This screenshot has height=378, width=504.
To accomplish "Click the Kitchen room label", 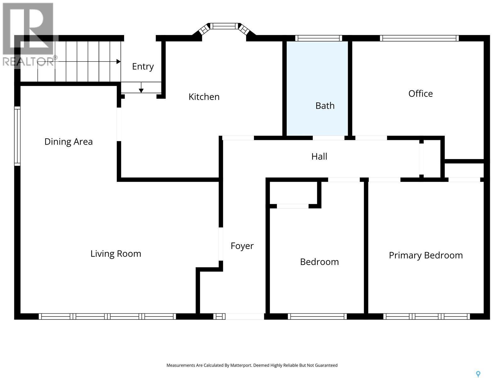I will [x=204, y=97].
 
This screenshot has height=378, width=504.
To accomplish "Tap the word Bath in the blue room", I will [x=325, y=106].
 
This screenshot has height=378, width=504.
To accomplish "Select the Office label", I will [x=420, y=94].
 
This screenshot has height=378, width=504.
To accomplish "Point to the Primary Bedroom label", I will [x=426, y=255].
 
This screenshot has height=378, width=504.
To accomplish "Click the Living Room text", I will [x=116, y=254].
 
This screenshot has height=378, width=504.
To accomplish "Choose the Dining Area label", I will [x=68, y=142].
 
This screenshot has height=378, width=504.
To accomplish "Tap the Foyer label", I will [x=242, y=246].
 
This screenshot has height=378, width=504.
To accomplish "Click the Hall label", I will [x=319, y=157].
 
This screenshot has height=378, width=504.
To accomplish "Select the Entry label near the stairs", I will [x=143, y=66].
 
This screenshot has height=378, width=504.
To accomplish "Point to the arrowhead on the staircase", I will [x=118, y=61].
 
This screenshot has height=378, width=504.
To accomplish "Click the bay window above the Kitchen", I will [x=224, y=26].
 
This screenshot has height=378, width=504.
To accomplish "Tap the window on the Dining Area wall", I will [x=17, y=136].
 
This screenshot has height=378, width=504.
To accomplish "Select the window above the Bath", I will [x=318, y=38].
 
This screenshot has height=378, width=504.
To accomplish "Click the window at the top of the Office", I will [x=419, y=38].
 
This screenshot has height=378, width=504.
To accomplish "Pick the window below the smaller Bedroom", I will [x=317, y=316].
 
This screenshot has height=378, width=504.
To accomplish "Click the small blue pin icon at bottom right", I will [x=478, y=374].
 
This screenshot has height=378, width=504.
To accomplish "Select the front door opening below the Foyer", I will [x=245, y=316].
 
